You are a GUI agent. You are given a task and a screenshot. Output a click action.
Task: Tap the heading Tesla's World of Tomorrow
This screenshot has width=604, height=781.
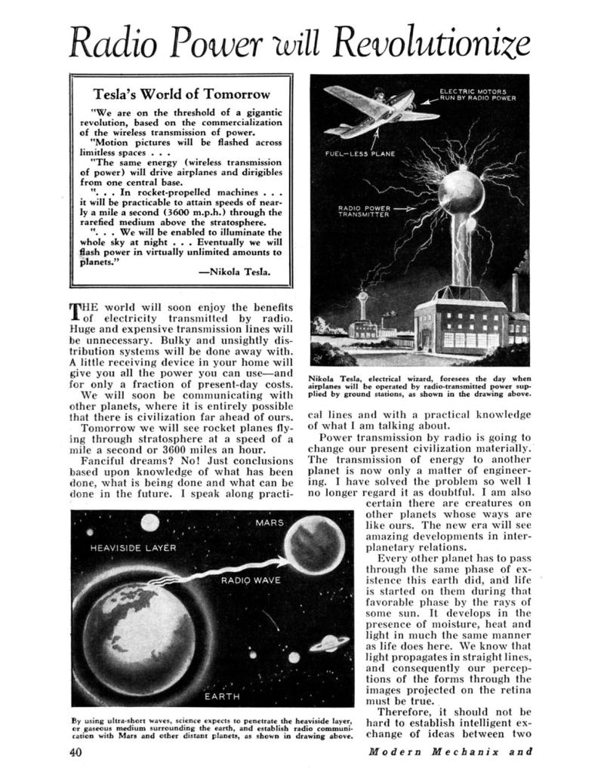pyautogui.click(x=180, y=95)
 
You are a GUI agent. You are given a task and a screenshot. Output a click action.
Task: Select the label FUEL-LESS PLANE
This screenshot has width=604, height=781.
pyautogui.click(x=360, y=154)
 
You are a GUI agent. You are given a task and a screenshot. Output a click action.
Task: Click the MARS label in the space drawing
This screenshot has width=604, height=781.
pyautogui.click(x=270, y=523)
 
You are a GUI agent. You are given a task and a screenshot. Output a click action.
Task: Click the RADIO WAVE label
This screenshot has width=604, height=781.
pyautogui.click(x=251, y=580)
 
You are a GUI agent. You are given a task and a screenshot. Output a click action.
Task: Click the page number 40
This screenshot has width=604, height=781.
pyautogui.click(x=75, y=752)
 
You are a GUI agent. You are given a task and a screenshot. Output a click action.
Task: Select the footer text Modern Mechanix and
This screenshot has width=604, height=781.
pyautogui.click(x=451, y=752)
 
